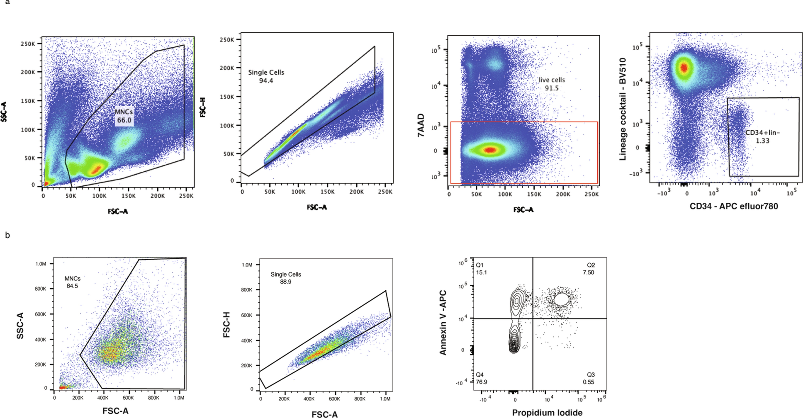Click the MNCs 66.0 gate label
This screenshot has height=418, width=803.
(124, 116)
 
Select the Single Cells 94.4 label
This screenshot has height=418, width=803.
(266, 76)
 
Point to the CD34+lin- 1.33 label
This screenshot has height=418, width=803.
(762, 137)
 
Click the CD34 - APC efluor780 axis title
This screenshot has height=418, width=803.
(733, 206)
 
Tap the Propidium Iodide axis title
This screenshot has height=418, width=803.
(547, 413)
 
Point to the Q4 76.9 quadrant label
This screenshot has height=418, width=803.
(481, 378)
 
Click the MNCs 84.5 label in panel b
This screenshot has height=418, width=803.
(72, 282)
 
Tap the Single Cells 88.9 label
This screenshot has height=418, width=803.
(285, 278)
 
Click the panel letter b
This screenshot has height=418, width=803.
(8, 235)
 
